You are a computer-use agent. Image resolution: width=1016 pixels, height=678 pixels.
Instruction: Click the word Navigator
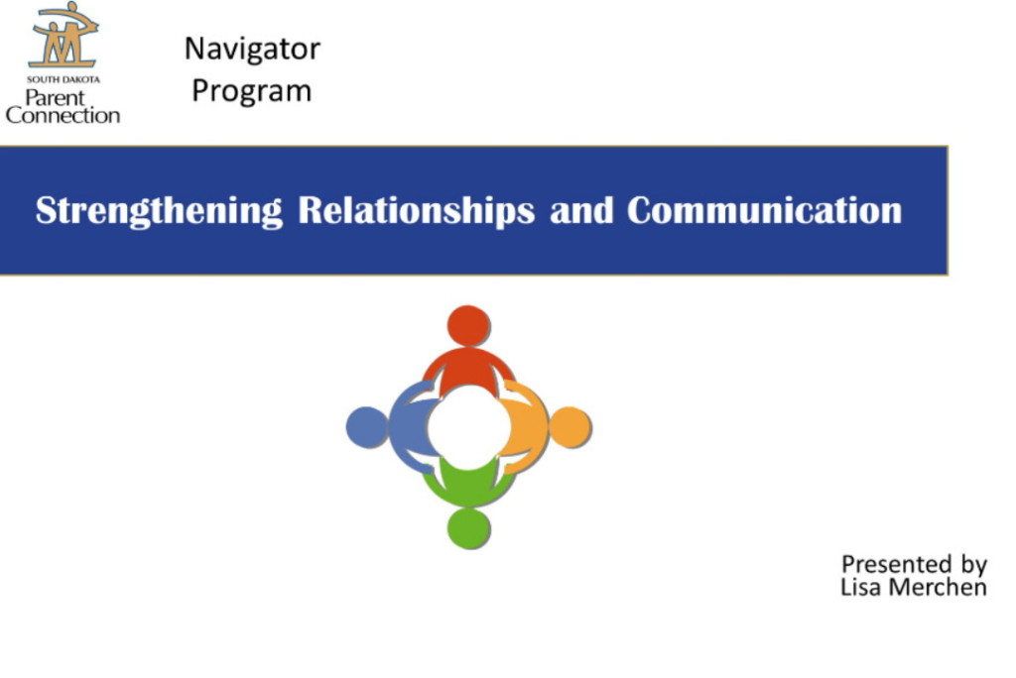(252, 50)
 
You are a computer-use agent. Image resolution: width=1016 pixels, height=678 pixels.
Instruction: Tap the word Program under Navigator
(251, 91)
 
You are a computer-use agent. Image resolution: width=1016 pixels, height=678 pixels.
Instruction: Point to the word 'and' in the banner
(581, 210)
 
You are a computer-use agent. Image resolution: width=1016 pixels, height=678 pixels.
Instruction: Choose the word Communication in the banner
(765, 210)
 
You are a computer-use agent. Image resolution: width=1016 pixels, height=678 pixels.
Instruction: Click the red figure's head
(468, 326)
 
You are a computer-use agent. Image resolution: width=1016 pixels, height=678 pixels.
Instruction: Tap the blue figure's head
(367, 427)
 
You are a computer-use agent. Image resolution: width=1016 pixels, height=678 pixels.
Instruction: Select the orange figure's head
(570, 427)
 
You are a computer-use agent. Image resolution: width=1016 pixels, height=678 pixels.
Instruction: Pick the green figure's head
(468, 528)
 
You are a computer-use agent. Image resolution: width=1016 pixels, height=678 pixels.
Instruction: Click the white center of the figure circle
(468, 427)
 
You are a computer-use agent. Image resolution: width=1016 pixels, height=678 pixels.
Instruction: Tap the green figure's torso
(468, 485)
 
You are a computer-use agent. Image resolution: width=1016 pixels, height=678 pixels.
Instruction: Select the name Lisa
(860, 588)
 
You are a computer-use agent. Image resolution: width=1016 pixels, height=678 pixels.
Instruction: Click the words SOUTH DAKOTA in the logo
(63, 79)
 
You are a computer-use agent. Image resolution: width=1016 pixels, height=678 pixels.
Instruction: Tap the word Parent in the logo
(56, 98)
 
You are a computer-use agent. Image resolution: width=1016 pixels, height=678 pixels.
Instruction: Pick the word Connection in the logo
(63, 116)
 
